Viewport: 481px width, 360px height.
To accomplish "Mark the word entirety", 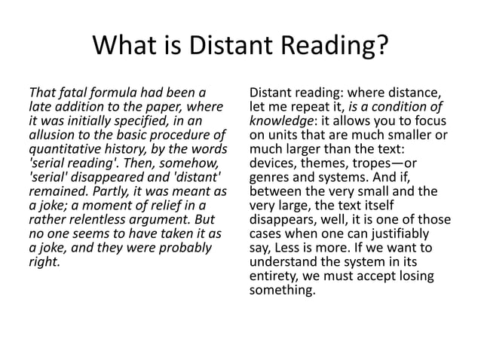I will tap(271, 275).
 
